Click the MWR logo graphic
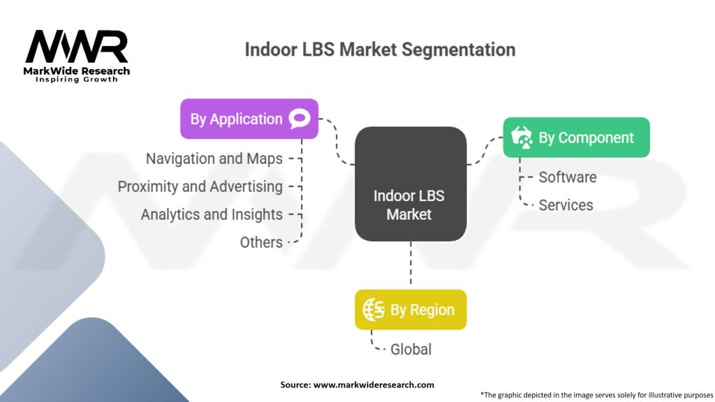(77, 47)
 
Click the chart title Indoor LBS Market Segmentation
(380, 50)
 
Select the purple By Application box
(249, 119)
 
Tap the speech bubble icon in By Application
(300, 119)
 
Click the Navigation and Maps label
(214, 158)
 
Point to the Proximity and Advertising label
(200, 186)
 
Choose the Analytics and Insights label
(212, 214)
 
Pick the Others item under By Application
(261, 242)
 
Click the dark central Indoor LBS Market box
(411, 184)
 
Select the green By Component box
(576, 137)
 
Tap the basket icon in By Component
(522, 137)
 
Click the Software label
(568, 177)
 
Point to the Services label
(566, 205)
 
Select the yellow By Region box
(411, 309)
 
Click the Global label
(411, 349)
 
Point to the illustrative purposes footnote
(597, 395)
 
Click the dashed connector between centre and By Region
(411, 263)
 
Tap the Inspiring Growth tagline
(77, 80)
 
